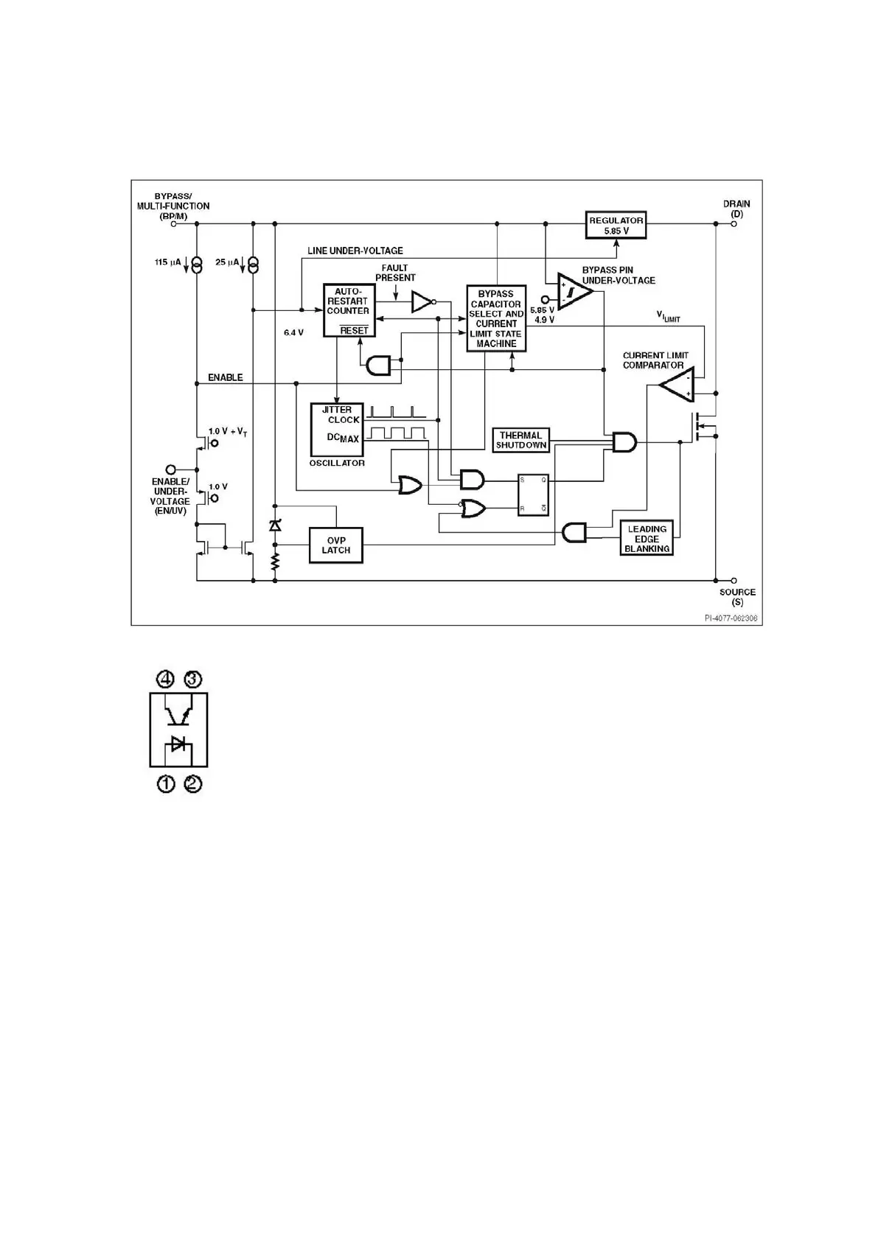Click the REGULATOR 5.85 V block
tap(616, 225)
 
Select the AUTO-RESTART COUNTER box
tap(348, 310)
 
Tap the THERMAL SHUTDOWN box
tap(521, 440)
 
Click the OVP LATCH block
tap(336, 545)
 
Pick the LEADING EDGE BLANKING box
tap(647, 539)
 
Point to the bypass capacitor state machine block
tap(496, 318)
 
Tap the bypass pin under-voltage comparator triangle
tap(574, 290)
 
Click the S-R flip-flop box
tap(533, 494)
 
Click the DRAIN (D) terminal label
tap(736, 209)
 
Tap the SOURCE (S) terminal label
tap(737, 597)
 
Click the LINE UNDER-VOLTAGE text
tap(355, 251)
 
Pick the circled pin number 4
tap(166, 678)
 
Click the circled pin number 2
tap(192, 783)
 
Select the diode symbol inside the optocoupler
tap(178, 743)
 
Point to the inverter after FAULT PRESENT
tap(422, 301)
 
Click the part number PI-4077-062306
tap(731, 618)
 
